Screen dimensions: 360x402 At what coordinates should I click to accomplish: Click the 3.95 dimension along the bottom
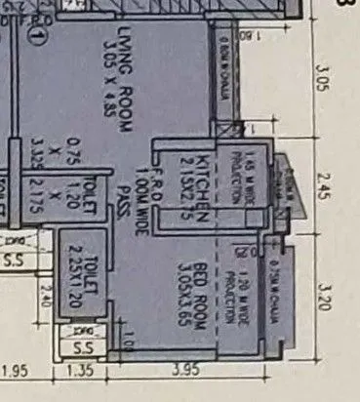pos(199,372)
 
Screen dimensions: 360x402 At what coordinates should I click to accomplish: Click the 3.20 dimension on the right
pos(326,289)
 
